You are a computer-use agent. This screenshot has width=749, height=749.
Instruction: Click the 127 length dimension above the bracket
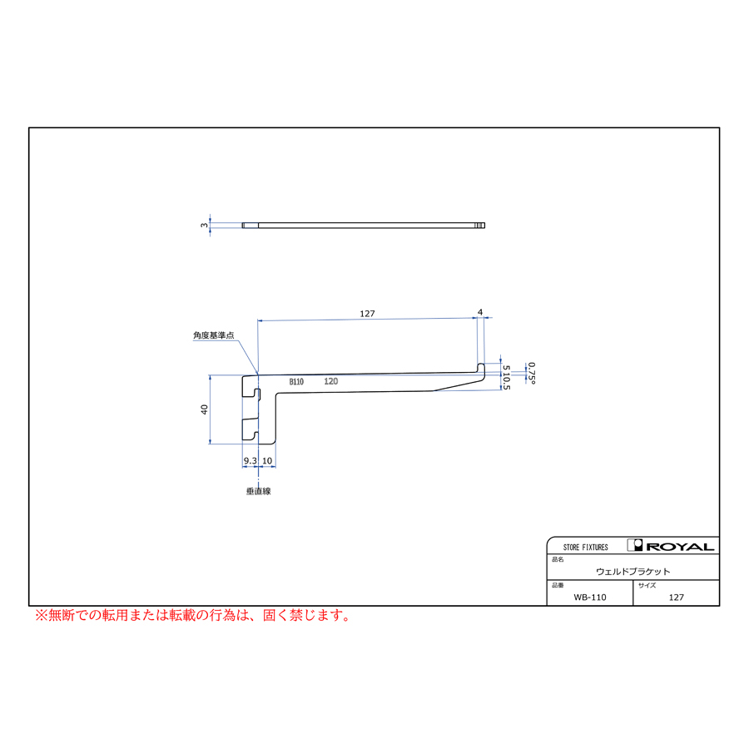click(367, 314)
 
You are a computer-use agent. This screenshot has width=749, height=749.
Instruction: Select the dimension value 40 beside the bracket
click(205, 409)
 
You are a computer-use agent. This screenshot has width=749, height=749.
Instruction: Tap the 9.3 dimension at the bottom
click(250, 460)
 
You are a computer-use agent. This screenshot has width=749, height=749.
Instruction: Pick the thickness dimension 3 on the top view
click(205, 225)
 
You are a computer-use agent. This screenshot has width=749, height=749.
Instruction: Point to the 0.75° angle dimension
click(532, 373)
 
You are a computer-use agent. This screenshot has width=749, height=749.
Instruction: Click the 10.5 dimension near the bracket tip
click(506, 381)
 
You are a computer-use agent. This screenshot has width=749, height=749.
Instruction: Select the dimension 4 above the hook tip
click(480, 312)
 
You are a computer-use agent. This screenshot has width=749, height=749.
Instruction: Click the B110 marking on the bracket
click(296, 382)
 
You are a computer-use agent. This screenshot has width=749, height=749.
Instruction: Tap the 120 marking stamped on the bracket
click(330, 381)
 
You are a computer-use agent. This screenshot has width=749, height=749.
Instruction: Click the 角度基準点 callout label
click(214, 335)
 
